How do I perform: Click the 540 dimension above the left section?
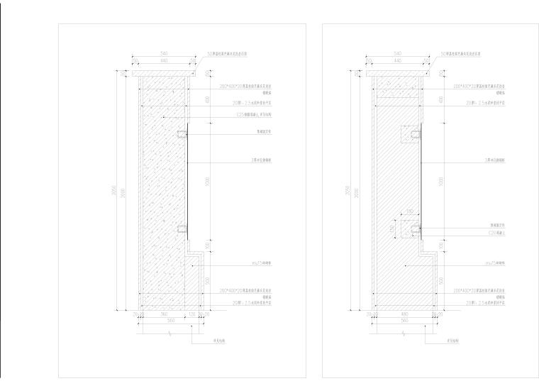click(x=162, y=53)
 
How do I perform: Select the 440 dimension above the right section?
click(x=396, y=61)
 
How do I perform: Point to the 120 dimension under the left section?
click(x=191, y=313)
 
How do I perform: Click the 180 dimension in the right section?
click(x=409, y=211)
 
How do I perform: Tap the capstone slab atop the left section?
click(x=162, y=72)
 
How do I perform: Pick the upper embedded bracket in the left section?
click(x=182, y=134)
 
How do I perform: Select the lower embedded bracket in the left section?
click(x=182, y=229)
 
